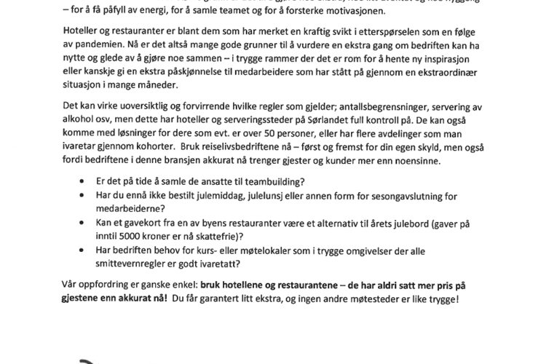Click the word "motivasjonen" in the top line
(x=357, y=12)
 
